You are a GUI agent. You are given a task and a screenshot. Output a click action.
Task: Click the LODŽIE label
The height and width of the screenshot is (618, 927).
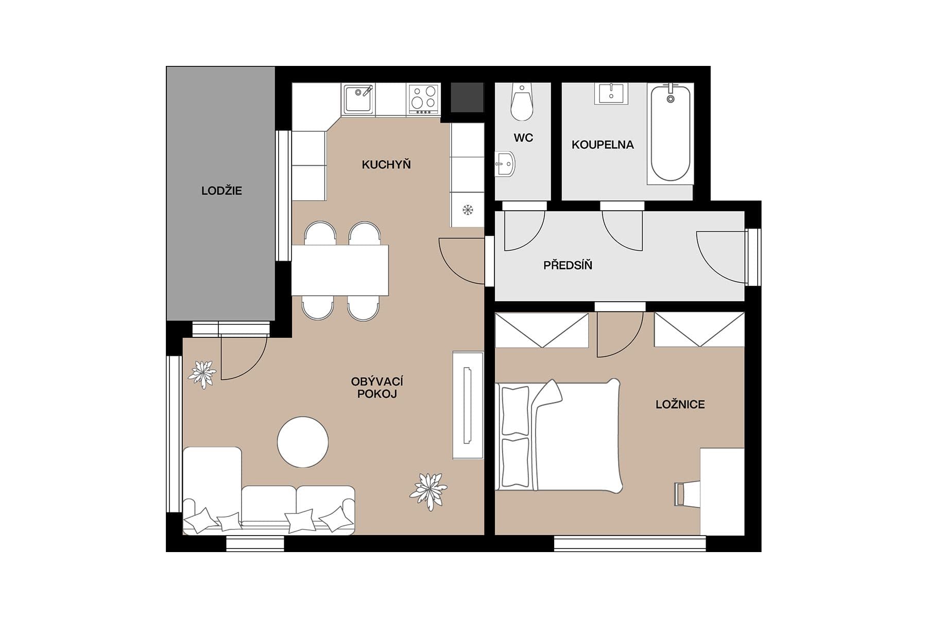[221, 191]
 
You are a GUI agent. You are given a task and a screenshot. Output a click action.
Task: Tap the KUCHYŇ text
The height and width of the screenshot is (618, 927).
[386, 165]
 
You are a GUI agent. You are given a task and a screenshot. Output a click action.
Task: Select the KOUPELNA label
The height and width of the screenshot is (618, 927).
[602, 145]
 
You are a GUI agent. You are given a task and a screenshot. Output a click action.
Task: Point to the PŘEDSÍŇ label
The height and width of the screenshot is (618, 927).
[568, 266]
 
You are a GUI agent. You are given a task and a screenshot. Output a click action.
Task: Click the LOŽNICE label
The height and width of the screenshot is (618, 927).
[680, 405]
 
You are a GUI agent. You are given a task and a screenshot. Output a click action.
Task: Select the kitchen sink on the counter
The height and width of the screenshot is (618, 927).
[358, 99]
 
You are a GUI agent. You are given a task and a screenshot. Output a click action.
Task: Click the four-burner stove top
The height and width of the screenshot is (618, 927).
[424, 98]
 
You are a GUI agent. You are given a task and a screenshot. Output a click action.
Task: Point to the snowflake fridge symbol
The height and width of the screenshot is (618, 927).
[468, 210]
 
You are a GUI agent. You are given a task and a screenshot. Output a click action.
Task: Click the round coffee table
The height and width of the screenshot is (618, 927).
[303, 442]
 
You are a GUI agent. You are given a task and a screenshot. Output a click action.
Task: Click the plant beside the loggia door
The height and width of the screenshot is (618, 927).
[202, 374]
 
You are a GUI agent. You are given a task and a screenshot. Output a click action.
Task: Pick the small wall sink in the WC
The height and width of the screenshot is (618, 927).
[505, 165]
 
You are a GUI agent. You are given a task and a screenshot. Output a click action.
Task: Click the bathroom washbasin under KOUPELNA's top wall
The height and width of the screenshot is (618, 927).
[611, 94]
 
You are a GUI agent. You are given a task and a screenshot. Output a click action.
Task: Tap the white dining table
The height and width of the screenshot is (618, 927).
[340, 270]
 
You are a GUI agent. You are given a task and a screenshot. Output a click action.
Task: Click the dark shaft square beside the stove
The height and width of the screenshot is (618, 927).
[467, 97]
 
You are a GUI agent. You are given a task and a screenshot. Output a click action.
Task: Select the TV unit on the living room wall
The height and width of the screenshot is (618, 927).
[468, 405]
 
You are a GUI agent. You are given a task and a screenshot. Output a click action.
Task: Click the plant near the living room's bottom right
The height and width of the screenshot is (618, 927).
[428, 490]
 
